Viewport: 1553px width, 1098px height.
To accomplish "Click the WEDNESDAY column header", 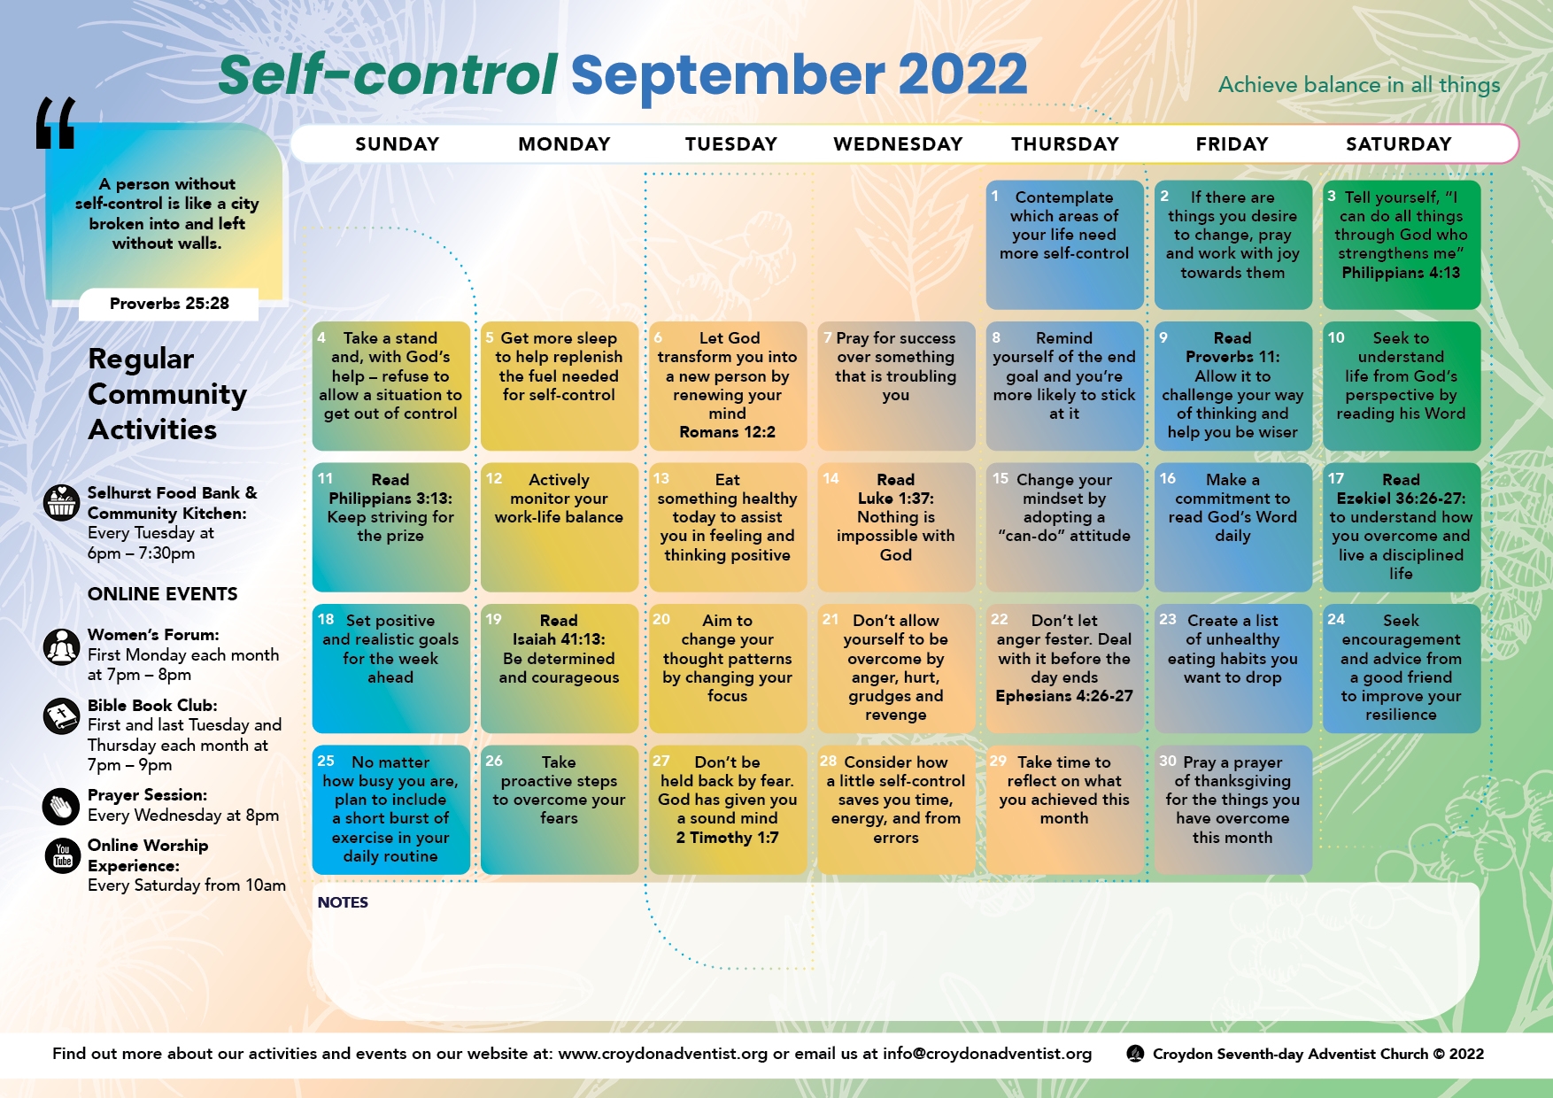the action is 898,144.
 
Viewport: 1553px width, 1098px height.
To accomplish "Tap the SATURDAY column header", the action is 1399,144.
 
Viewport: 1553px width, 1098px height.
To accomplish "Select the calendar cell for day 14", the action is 896,527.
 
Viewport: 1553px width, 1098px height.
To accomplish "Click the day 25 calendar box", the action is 390,809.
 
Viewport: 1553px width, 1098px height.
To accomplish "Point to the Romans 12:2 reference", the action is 727,432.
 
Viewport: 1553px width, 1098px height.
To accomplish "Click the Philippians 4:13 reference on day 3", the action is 1401,273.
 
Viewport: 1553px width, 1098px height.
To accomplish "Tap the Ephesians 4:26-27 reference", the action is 1064,696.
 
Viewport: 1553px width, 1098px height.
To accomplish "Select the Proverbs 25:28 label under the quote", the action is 169,304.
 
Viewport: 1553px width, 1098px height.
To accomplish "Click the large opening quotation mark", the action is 56,123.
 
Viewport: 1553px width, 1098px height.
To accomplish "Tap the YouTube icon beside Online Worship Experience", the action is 62,855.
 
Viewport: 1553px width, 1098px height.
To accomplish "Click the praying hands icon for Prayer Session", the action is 61,806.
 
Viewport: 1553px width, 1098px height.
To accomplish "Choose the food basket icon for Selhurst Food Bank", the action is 61,503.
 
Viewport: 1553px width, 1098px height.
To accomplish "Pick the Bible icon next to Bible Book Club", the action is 61,715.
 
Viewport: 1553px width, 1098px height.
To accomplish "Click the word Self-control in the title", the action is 388,74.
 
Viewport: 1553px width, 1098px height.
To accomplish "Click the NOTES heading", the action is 343,902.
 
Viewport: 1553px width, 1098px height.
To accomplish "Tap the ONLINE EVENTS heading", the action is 163,594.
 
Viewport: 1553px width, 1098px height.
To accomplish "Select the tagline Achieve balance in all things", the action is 1359,85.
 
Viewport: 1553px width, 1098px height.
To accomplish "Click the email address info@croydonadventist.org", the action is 987,1054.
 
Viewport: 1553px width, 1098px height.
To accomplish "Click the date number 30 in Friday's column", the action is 1168,761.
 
